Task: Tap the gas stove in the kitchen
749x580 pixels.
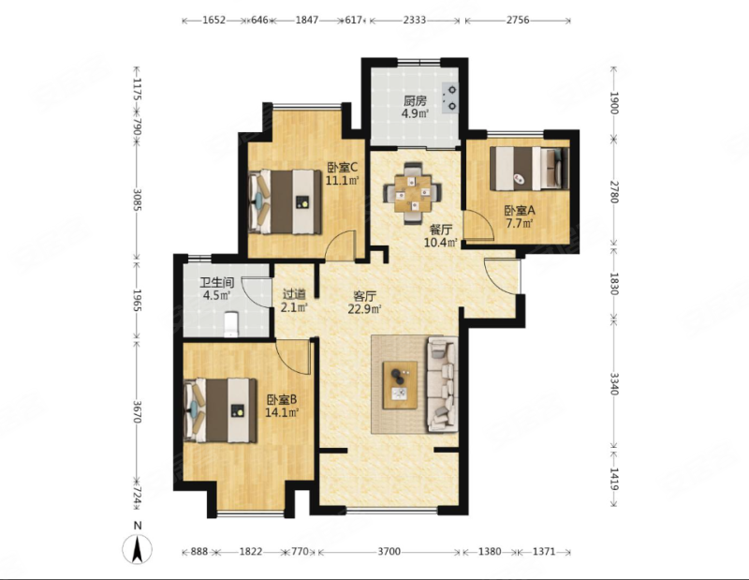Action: coord(450,98)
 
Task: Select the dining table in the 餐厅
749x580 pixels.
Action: coord(413,193)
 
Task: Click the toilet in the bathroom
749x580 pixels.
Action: coord(231,323)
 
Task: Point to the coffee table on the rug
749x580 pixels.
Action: coord(400,385)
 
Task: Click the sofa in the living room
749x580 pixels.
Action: coord(443,384)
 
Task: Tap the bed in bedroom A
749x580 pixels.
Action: coord(530,168)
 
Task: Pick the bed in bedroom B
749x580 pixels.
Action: coord(221,410)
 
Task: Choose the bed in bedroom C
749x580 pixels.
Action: coord(286,201)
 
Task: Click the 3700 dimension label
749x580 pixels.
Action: coord(389,552)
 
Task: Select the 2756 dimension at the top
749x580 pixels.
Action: coord(518,20)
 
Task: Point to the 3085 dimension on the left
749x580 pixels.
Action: coord(137,200)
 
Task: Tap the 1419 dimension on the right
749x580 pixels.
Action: coord(614,479)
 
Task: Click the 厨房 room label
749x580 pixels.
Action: coord(415,101)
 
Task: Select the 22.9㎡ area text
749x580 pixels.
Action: coord(364,309)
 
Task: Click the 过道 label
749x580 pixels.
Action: coord(294,294)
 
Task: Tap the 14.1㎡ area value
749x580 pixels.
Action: coord(282,411)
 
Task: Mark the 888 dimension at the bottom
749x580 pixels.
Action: coord(199,552)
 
